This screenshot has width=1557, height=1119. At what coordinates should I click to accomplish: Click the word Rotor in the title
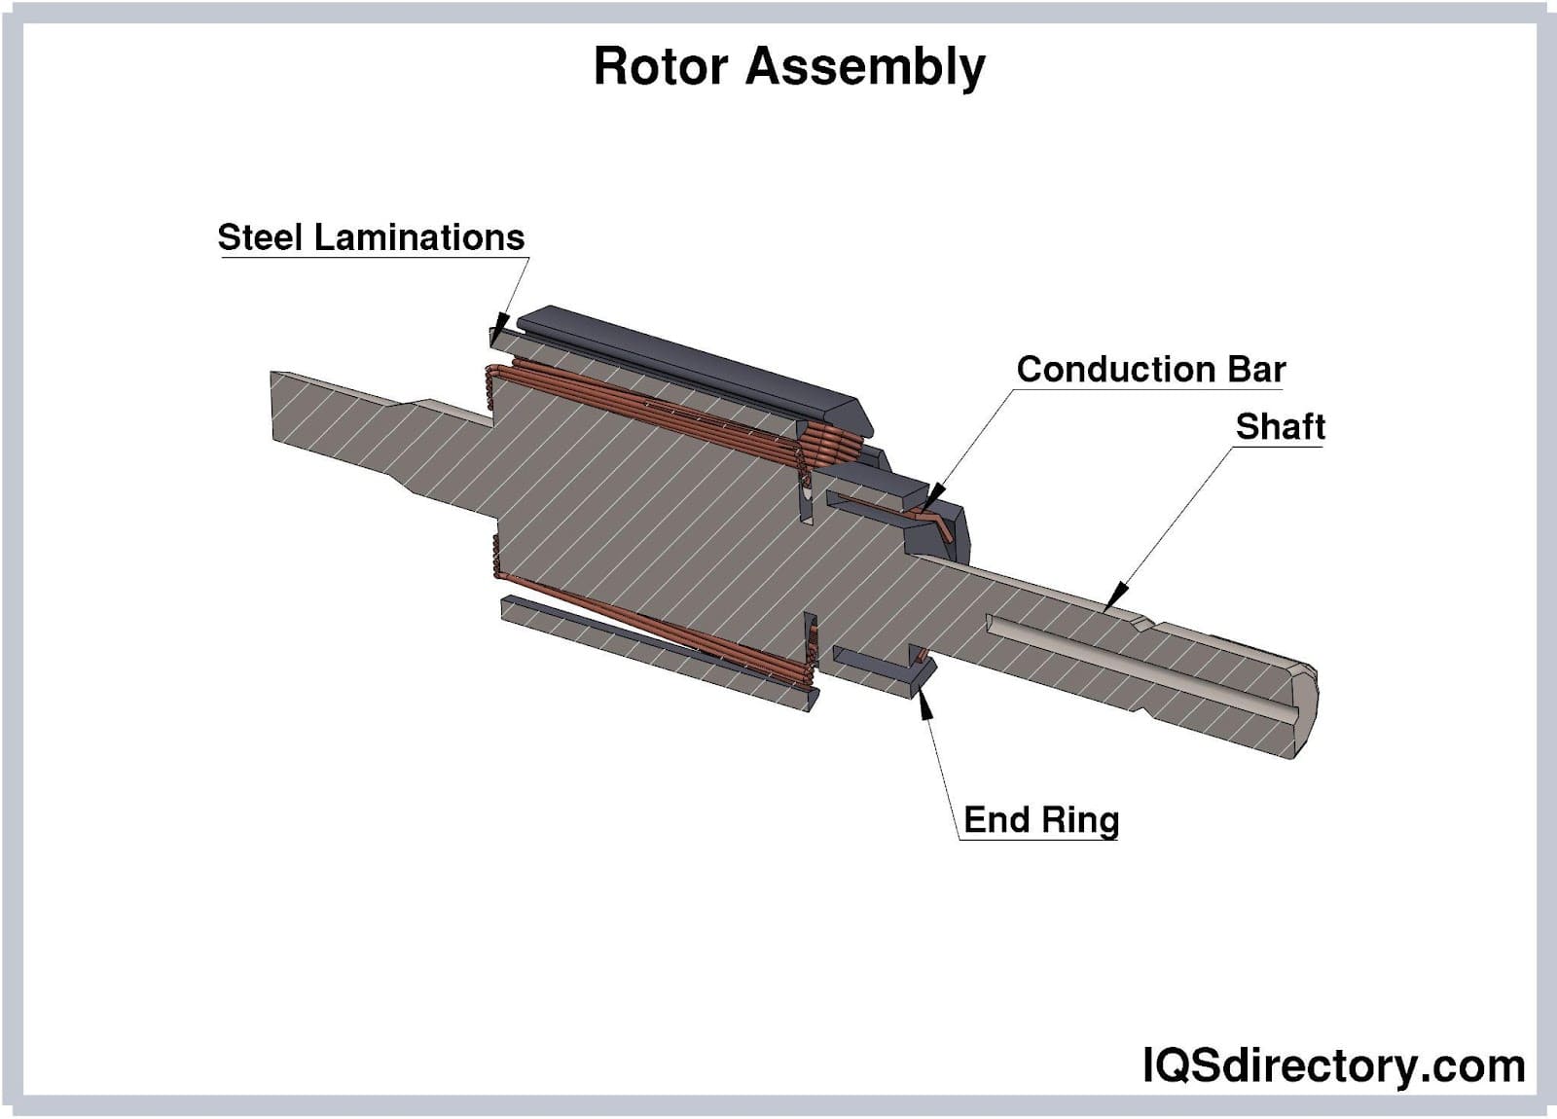pyautogui.click(x=661, y=67)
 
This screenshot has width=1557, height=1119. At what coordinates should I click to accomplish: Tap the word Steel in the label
pyautogui.click(x=262, y=237)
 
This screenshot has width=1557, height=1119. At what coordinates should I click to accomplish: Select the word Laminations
pyautogui.click(x=419, y=237)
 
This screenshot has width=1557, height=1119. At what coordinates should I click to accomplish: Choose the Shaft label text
pyautogui.click(x=1280, y=426)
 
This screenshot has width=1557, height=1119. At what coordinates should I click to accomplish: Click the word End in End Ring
pyautogui.click(x=996, y=820)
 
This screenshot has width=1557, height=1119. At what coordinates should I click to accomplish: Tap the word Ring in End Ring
pyautogui.click(x=1079, y=821)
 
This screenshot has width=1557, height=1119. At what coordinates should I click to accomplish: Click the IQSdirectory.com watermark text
pyautogui.click(x=1334, y=1065)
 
